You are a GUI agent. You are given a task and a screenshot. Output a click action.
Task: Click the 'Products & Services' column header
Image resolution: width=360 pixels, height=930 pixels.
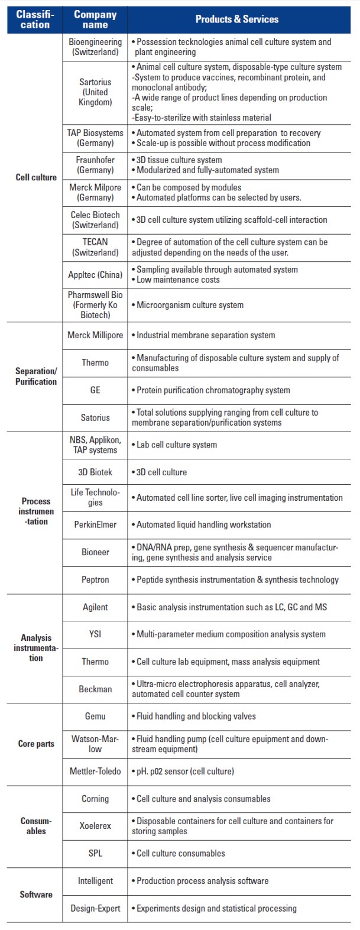tap(236, 19)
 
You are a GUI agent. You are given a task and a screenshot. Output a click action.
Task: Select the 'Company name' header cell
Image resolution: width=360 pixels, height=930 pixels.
tap(95, 19)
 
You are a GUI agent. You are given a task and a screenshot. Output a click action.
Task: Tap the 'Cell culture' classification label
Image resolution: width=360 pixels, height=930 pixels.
tap(36, 177)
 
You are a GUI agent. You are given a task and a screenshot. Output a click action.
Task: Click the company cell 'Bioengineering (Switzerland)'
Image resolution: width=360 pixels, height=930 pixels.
tap(95, 47)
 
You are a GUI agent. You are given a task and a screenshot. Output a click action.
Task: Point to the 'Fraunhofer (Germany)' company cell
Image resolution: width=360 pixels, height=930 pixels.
tap(95, 165)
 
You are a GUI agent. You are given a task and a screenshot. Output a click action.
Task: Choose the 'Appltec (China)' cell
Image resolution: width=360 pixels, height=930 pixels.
tap(95, 275)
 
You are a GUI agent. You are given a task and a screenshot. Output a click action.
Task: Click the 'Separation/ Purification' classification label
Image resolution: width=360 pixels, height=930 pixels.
tap(36, 377)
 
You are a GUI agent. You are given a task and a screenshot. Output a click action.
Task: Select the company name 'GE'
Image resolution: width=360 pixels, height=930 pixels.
tap(95, 390)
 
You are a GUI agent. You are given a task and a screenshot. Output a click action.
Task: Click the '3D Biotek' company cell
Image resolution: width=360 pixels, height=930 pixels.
tap(95, 472)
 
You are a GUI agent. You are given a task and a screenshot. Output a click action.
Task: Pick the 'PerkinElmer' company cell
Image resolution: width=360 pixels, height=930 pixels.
tap(95, 524)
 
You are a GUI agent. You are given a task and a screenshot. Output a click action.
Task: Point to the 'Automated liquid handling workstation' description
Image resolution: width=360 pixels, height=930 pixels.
tap(203, 524)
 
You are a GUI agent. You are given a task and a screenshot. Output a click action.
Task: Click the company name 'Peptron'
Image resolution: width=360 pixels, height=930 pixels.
tap(95, 579)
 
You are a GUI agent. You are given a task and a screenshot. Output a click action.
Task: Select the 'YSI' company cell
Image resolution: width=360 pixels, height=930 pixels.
tap(95, 634)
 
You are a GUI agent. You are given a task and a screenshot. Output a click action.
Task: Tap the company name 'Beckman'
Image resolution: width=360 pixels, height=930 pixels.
tap(95, 689)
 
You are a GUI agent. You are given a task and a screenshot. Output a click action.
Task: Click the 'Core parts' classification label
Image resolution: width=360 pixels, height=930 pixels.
tap(36, 744)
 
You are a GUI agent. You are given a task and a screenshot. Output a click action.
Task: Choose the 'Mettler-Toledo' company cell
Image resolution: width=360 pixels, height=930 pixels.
tap(95, 771)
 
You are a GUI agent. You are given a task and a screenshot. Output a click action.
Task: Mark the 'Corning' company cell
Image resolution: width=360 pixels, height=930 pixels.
tap(95, 799)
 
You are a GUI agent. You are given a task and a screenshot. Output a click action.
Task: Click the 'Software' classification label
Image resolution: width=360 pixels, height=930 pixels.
tap(36, 895)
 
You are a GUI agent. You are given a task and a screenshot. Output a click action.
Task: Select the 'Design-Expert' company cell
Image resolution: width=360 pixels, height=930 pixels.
tap(95, 908)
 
